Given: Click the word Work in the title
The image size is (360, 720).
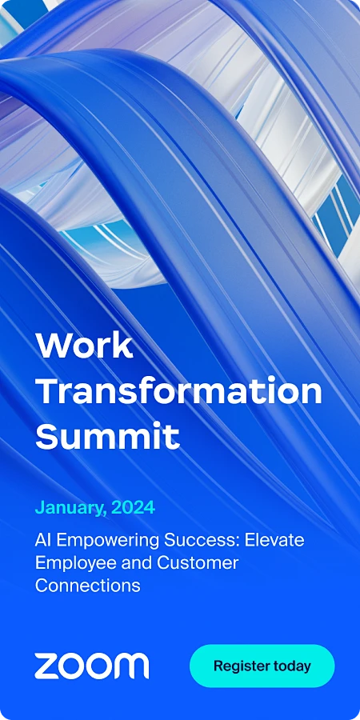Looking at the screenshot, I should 84,345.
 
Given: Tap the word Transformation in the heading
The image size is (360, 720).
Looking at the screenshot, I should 178,391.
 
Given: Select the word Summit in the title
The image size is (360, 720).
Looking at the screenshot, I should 107,437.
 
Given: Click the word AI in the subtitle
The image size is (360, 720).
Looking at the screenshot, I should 43,539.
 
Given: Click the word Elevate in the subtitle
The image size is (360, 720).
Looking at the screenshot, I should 274,539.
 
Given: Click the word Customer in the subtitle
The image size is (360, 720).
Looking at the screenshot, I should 198,562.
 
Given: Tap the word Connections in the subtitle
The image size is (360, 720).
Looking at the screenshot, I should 87,585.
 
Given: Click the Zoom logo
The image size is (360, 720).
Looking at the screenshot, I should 91,666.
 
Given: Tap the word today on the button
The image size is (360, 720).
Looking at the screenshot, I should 292,666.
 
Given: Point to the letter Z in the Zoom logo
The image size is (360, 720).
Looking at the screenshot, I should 45,666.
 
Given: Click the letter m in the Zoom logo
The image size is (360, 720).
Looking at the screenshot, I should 132,666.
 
